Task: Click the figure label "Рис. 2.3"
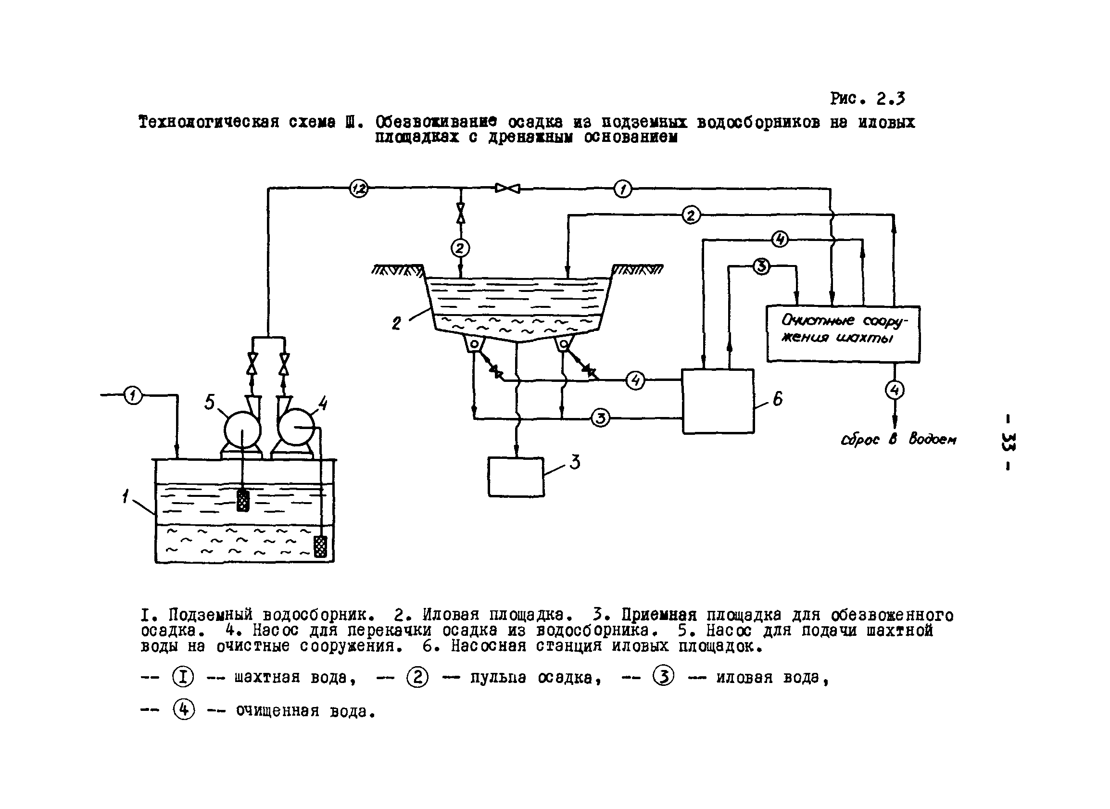tap(867, 99)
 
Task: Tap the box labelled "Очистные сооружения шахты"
tap(843, 334)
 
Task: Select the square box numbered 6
tap(718, 401)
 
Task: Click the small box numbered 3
tap(516, 477)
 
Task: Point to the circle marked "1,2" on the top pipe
tap(359, 188)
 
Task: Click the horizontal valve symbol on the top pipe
tap(507, 188)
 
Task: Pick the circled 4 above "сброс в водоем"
tap(895, 390)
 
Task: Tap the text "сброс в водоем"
tap(898, 439)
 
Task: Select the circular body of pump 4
tap(296, 427)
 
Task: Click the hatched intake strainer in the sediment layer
tap(320, 546)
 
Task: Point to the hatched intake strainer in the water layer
tap(243, 501)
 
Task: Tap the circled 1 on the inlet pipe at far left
tap(133, 395)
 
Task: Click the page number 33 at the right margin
tap(1008, 441)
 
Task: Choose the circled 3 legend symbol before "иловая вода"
tap(664, 677)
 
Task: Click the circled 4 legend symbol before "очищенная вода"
tap(184, 709)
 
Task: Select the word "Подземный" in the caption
tap(211, 615)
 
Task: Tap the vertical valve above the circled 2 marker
tap(460, 213)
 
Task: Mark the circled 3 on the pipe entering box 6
tap(600, 418)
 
